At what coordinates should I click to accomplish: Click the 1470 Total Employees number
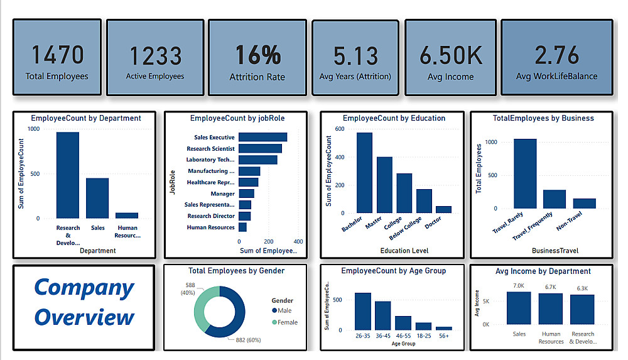coord(57,55)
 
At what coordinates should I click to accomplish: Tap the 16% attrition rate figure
coord(257,55)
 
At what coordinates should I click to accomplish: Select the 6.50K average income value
coord(451,55)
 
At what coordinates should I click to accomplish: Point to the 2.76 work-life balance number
coord(556,55)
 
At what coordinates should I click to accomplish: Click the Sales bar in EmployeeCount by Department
coord(97,198)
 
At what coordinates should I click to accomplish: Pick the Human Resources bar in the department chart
coord(127,215)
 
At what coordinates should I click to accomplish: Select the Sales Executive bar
coord(263,137)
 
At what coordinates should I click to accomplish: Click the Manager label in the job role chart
coord(223,194)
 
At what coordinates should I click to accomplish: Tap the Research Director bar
coord(244,216)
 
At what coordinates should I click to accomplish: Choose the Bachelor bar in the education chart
coord(364,173)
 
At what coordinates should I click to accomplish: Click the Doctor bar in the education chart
coord(443,209)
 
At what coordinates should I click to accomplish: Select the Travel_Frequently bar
coord(555,199)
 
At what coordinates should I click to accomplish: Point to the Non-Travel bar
coord(584,203)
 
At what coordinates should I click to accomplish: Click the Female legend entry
coord(285,322)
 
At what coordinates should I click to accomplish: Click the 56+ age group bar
coord(443,328)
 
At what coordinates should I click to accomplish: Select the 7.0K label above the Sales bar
coord(519,286)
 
